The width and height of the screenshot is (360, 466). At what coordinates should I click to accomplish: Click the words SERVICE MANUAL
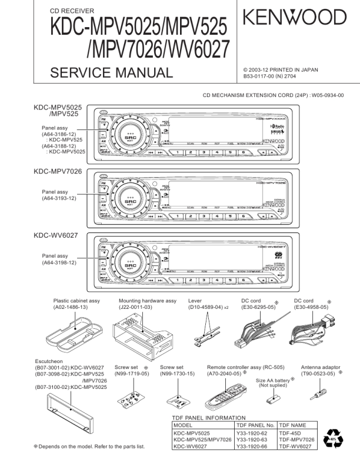coord(112,74)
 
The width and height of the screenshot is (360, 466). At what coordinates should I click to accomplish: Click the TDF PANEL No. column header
coord(255,424)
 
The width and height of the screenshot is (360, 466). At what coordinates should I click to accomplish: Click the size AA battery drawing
coord(272,399)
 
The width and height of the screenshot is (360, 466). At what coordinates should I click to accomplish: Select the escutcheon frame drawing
coord(68,410)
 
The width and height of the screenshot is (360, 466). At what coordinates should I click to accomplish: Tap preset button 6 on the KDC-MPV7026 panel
coord(244,215)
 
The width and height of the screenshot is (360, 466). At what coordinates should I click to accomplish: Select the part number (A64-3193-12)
coord(59,198)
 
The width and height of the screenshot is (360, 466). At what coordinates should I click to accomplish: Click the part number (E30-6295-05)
coord(255,307)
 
